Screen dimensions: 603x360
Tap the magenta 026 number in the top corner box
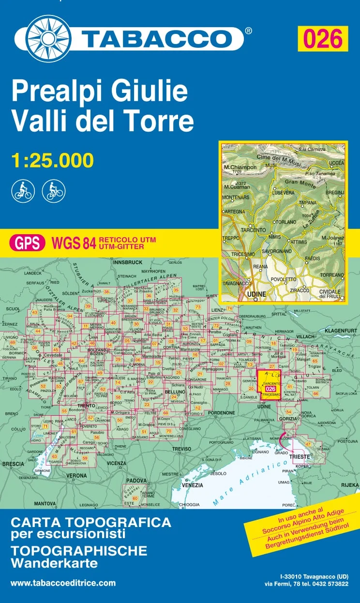coord(322,38)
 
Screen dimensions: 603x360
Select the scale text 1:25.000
coord(52,160)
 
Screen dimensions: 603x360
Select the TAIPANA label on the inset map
coord(308,203)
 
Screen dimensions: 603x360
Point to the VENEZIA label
coord(193,485)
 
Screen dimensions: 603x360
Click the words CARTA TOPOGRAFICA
coord(91,523)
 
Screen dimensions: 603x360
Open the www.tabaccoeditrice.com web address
coord(63,583)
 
